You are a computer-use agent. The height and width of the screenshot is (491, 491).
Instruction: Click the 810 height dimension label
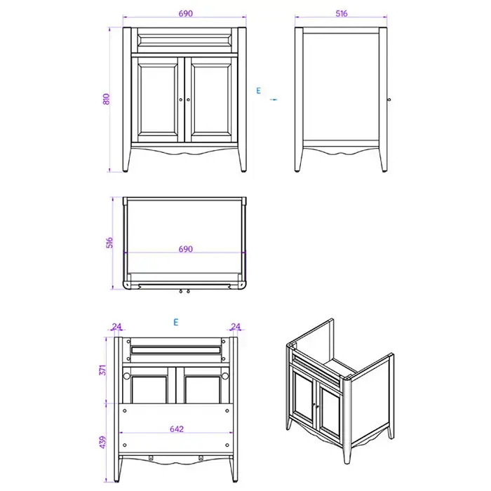[x=106, y=99]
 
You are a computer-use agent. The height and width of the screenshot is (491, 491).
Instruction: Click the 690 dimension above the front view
[x=185, y=13]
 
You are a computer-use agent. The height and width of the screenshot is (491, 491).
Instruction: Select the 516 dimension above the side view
[x=342, y=13]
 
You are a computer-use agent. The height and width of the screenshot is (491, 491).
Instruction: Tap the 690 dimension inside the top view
[x=185, y=249]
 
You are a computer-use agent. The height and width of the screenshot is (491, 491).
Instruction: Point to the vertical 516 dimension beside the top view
[x=109, y=243]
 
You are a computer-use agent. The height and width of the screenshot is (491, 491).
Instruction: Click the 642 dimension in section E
[x=177, y=429]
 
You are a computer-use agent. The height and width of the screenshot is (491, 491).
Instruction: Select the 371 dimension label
[x=102, y=370]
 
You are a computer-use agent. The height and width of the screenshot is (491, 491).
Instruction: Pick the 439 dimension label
[x=102, y=442]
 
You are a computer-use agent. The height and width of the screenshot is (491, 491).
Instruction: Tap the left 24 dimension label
[x=116, y=327]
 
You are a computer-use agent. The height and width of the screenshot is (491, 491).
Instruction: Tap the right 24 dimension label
[x=236, y=327]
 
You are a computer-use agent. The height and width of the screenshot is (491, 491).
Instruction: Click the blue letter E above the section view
[x=176, y=322]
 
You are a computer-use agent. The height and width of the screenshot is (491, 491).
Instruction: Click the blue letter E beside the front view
[x=258, y=90]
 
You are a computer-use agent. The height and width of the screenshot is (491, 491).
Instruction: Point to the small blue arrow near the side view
[x=274, y=100]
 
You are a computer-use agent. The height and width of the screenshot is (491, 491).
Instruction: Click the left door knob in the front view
[x=181, y=100]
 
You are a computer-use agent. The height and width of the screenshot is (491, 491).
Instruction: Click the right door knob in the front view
[x=188, y=100]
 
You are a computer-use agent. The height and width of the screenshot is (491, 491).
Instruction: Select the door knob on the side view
[x=389, y=100]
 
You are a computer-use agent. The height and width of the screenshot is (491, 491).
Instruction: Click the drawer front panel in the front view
[x=184, y=40]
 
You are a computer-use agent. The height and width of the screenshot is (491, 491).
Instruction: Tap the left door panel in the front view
[x=158, y=100]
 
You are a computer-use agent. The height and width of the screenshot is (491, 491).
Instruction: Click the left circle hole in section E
[x=126, y=376]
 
